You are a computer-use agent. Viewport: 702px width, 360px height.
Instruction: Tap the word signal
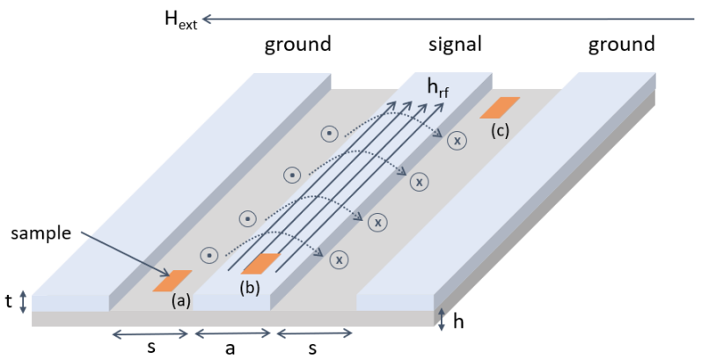coord(455,44)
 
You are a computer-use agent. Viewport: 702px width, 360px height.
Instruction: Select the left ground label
coord(298,44)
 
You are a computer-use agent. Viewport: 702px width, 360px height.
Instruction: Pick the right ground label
coord(622,44)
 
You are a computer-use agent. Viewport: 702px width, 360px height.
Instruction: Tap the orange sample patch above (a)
coord(172,281)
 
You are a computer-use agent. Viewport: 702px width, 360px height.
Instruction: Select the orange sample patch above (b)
coord(260,263)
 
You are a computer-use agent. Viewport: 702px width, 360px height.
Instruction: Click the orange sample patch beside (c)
coord(500,107)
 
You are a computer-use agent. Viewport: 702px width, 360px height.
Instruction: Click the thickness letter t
coord(8,302)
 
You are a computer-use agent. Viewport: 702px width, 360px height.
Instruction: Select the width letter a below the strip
coord(230,349)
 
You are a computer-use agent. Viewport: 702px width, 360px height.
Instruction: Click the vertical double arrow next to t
coord(23,302)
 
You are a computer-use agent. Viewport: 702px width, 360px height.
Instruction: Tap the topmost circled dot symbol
coord(328,134)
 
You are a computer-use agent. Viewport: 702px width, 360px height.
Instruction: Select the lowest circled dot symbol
coord(209,255)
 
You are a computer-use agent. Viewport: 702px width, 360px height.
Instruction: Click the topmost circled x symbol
coord(457,141)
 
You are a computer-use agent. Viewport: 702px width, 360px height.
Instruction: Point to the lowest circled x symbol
coord(338,260)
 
